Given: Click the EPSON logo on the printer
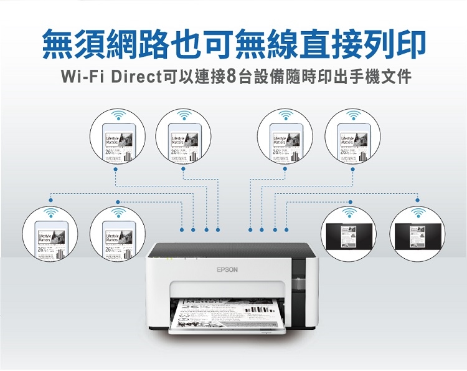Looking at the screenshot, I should click(x=227, y=270).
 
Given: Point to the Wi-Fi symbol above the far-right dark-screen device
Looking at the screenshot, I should click(x=417, y=213).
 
